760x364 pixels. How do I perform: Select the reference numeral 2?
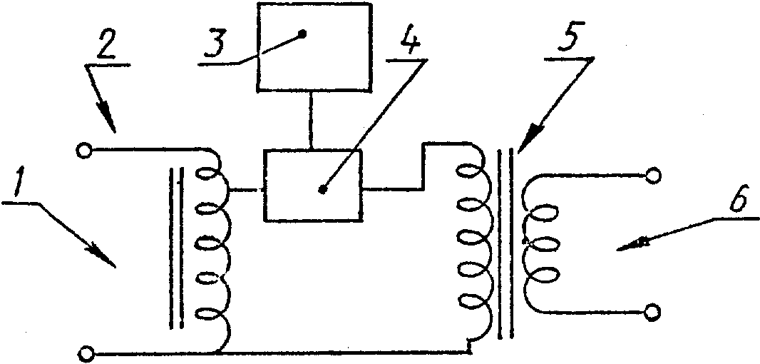pos(108,45)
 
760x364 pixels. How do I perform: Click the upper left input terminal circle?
pos(83,151)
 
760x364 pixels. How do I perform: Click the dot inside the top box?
pos(302,34)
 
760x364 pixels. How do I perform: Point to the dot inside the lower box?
pos(322,189)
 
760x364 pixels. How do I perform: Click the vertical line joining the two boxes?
pos(311,121)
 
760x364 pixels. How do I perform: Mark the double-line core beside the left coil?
pos(177,249)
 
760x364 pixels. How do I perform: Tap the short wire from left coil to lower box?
pos(245,190)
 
